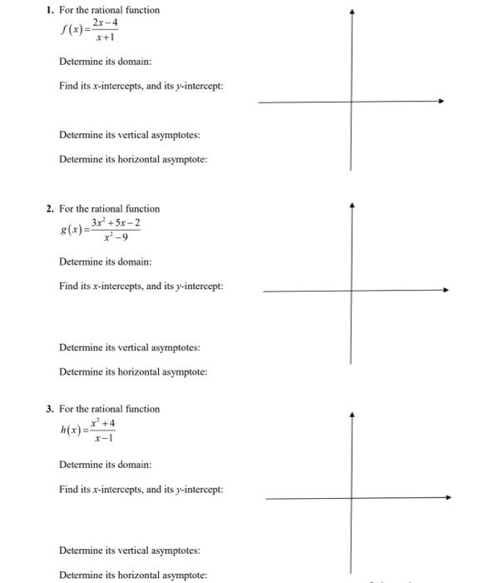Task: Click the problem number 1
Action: [50, 10]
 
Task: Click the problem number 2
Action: [50, 209]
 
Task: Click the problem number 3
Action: [50, 409]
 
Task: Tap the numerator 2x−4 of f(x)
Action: [105, 22]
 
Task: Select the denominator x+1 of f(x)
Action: [105, 37]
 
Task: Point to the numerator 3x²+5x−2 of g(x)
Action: [116, 223]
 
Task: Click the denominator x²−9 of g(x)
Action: [116, 237]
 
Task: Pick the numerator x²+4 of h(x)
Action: [104, 422]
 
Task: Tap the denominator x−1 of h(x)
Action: [104, 436]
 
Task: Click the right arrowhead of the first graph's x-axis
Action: [441, 102]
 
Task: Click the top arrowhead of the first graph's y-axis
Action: [352, 12]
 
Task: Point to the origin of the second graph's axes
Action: [351, 291]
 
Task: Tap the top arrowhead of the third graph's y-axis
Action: [352, 413]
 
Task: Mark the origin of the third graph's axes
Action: [352, 498]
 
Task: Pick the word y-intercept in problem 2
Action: [200, 287]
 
